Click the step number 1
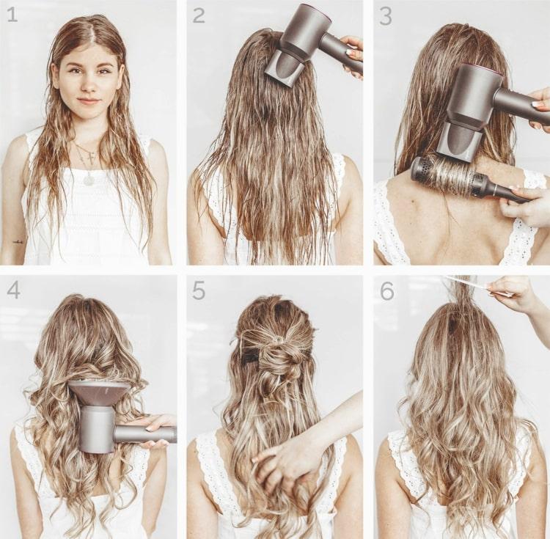click(x=12, y=15)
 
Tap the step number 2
click(x=199, y=16)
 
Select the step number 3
click(x=386, y=17)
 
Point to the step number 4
click(x=13, y=291)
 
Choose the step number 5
click(x=199, y=291)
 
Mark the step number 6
click(x=387, y=291)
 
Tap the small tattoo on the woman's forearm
click(x=18, y=241)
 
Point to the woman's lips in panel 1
click(x=89, y=101)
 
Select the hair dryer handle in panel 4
click(x=145, y=435)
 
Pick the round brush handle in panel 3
click(x=502, y=191)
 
